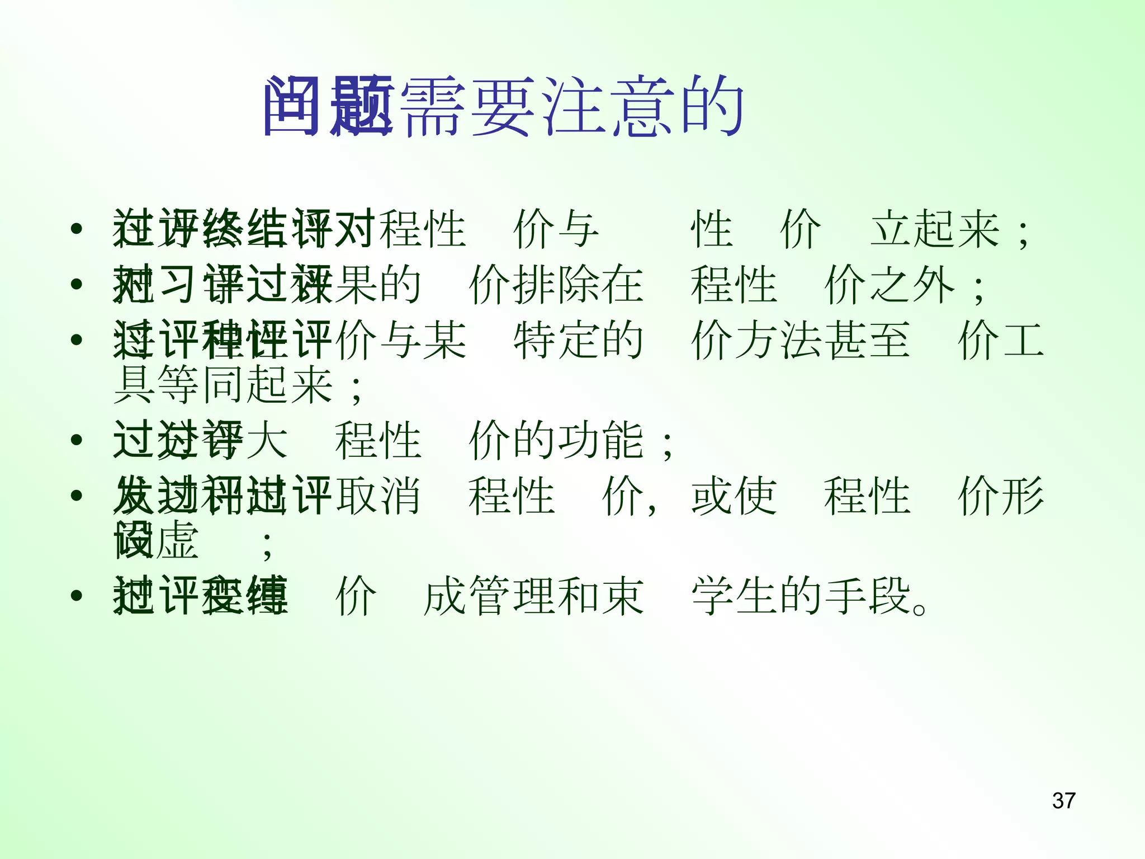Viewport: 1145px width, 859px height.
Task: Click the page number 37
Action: click(1063, 800)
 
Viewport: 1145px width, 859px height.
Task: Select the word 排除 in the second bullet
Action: click(555, 285)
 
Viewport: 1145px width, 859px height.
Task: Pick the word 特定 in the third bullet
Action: click(555, 340)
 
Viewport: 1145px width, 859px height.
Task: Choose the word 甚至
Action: click(867, 340)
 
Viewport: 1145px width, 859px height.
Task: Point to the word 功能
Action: click(600, 441)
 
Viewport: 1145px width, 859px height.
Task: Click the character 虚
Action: click(178, 540)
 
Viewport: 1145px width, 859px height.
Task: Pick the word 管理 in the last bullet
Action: click(510, 596)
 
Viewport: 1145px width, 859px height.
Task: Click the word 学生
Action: click(734, 596)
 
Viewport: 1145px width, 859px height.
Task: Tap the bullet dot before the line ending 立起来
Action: click(77, 229)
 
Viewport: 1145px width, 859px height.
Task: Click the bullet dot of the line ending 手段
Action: click(77, 596)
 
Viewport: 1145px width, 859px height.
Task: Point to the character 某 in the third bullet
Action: click(444, 340)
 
